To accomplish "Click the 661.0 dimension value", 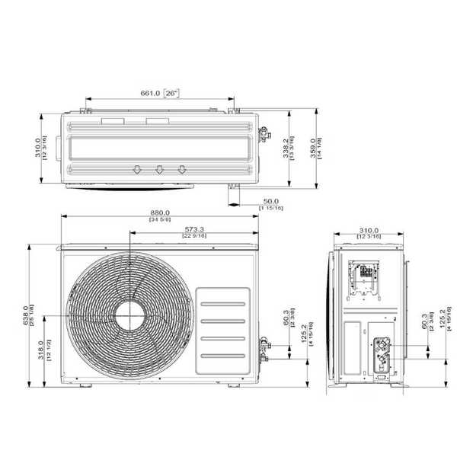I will [x=149, y=93].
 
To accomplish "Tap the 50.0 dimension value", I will [x=270, y=201].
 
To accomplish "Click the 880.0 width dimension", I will [x=160, y=213].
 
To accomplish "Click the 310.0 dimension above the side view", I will [x=369, y=230].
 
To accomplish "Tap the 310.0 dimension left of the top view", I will [x=37, y=148].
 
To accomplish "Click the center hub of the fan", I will [x=130, y=313].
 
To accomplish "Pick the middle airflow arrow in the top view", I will [x=159, y=169].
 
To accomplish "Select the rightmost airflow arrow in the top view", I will [x=182, y=169].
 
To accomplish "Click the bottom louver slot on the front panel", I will [x=222, y=357].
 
